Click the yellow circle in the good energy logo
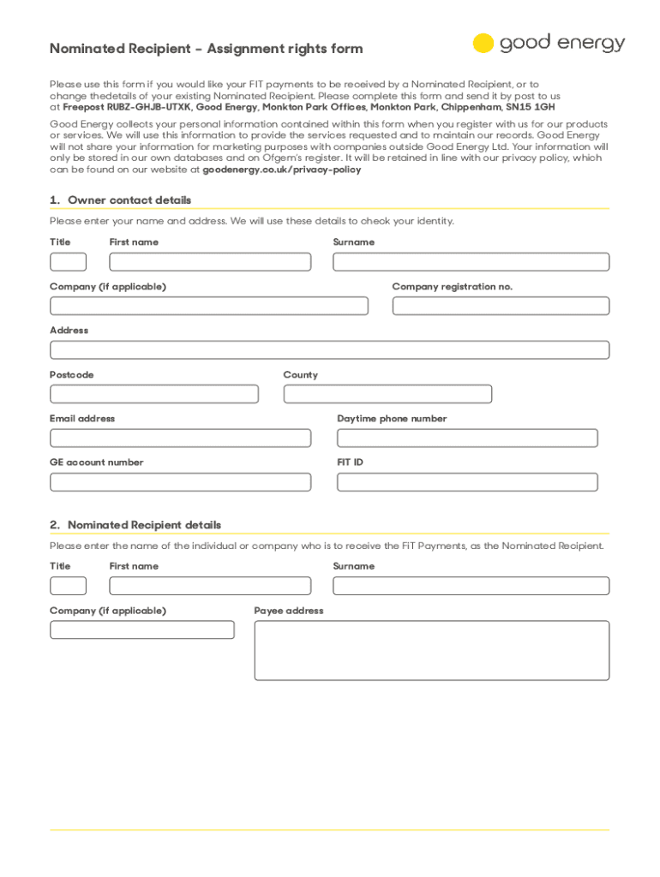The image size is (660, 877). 483,44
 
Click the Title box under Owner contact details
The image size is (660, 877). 68,262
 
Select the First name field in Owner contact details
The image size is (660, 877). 210,262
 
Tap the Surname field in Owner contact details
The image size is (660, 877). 471,262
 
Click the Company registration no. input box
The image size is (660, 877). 501,306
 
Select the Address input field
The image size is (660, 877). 329,349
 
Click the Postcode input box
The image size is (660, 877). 154,394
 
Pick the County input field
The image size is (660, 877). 387,394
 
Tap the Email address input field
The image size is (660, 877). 180,438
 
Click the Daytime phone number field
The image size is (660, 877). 467,438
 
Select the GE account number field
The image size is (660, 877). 180,482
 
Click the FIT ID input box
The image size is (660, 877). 467,482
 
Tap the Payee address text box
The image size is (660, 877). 432,650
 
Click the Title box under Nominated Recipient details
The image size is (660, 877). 68,586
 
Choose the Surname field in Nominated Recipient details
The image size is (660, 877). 471,586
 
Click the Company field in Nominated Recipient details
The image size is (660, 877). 141,629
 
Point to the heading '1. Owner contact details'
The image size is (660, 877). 121,200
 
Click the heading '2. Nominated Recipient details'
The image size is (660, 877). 135,525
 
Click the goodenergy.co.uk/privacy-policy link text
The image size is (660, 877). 281,170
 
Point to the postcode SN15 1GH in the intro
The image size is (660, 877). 531,108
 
